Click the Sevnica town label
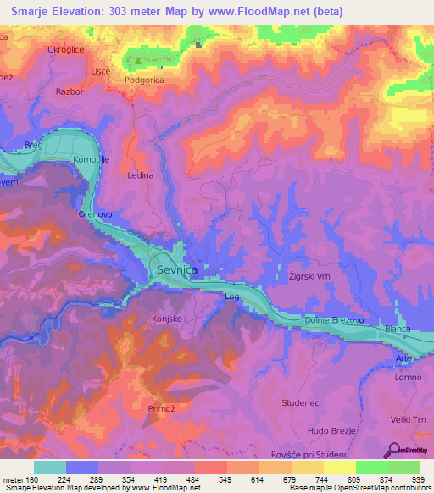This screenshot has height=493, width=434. pyautogui.click(x=177, y=269)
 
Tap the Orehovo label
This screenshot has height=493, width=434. pyautogui.click(x=95, y=215)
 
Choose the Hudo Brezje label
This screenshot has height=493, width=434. pyautogui.click(x=331, y=431)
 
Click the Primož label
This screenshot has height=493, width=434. pyautogui.click(x=160, y=407)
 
